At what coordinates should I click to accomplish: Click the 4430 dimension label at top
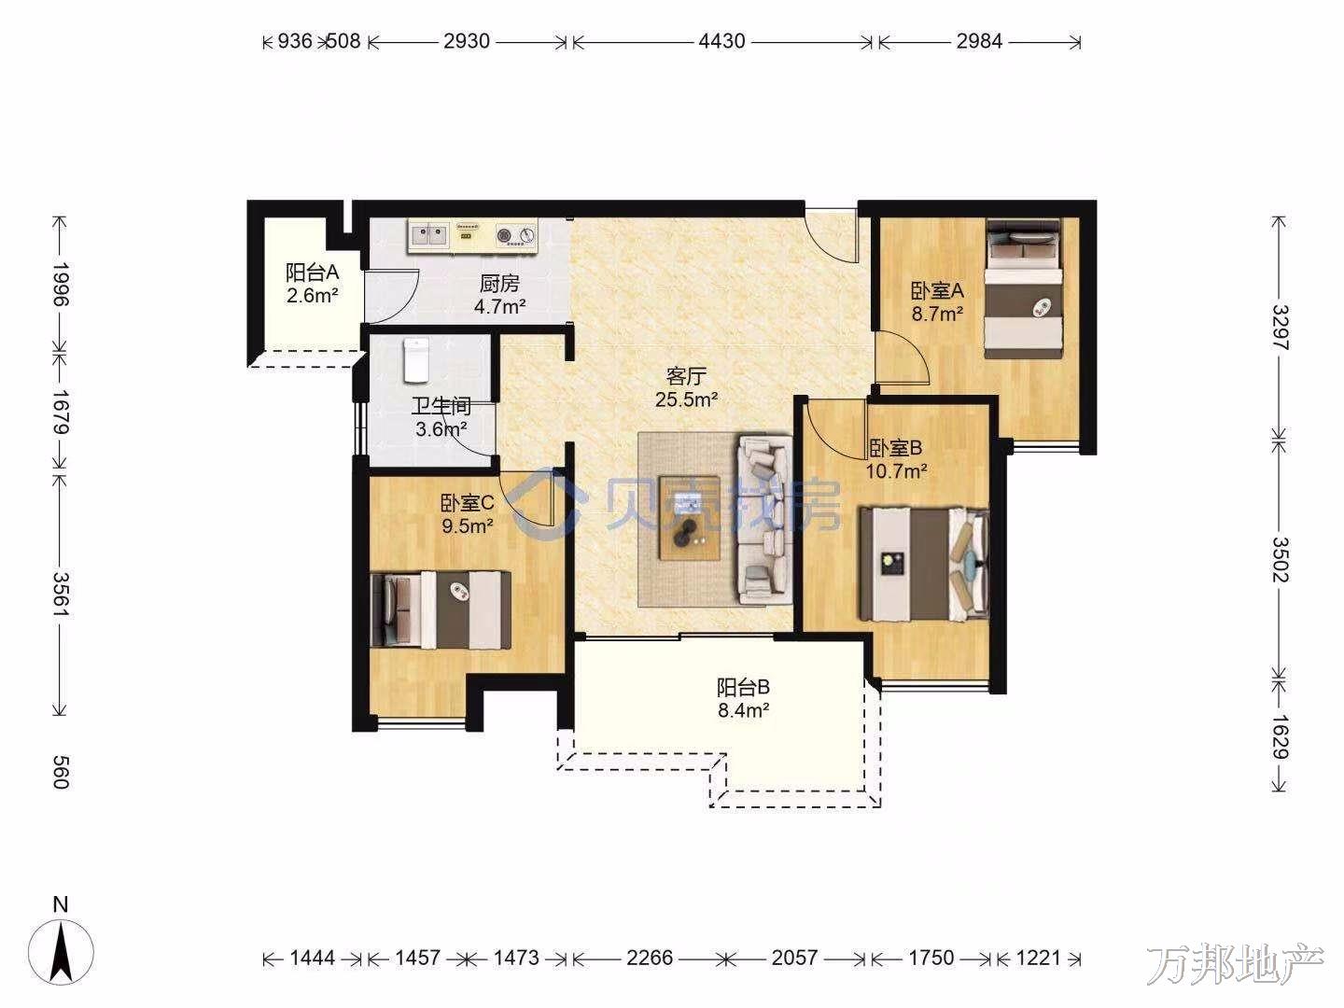721,41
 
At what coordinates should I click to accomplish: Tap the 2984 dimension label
979,41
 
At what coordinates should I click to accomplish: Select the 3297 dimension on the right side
1279,328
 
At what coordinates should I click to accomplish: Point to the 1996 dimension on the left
61,284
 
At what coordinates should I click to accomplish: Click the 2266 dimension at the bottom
649,958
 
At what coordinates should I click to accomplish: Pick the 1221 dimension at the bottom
1037,958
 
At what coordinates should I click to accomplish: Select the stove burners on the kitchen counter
515,234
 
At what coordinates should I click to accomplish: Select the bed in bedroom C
441,610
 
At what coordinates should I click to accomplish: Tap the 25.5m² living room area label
686,399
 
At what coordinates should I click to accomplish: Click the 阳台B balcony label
743,687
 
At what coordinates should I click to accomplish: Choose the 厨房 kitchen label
499,284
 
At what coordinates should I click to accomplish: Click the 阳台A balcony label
313,272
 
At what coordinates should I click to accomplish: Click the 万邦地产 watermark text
1235,965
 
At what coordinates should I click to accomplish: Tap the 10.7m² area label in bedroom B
896,471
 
